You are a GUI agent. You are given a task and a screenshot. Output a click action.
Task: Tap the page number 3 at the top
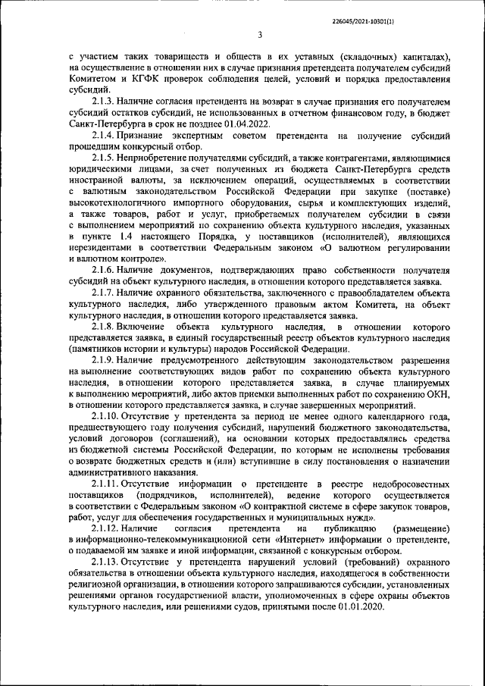[x=259, y=34]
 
